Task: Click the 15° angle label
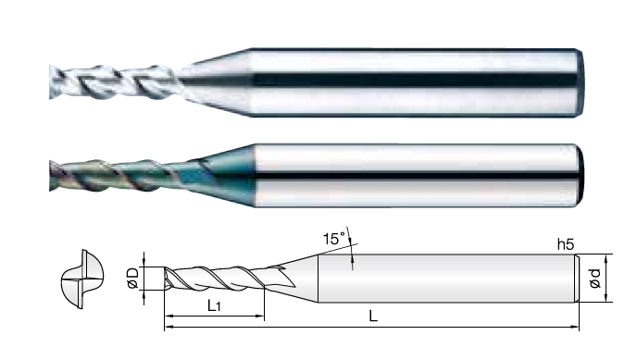(x=334, y=239)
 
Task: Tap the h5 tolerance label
(x=566, y=244)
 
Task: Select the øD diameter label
(x=132, y=278)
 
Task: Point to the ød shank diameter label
(x=595, y=279)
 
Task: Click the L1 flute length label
(x=214, y=305)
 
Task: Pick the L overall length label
(x=373, y=316)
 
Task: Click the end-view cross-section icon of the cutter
(x=82, y=279)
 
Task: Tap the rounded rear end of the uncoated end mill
(x=581, y=82)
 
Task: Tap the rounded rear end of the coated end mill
(x=581, y=175)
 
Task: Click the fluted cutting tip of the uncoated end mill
(x=114, y=82)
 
